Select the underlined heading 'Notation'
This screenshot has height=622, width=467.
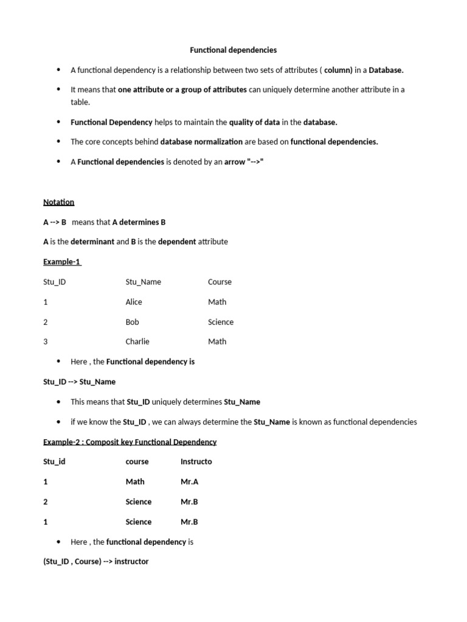(x=58, y=202)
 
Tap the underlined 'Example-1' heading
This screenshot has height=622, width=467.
(x=62, y=262)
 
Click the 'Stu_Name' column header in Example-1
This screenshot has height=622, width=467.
(x=143, y=282)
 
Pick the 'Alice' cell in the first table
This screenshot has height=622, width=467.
(x=134, y=302)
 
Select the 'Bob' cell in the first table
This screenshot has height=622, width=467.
(x=132, y=322)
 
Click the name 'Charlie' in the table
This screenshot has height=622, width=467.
(x=137, y=341)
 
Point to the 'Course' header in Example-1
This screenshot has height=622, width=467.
(x=220, y=282)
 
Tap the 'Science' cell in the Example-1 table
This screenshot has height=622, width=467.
(x=220, y=322)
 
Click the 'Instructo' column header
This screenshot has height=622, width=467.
(x=196, y=462)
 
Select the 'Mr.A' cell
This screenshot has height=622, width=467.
(x=189, y=482)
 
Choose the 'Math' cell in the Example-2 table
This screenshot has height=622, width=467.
(x=135, y=482)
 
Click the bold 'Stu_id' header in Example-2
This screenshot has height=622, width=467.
(x=54, y=462)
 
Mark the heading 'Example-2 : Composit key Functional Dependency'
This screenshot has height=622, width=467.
(x=130, y=442)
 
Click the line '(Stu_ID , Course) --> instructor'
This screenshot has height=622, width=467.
(x=95, y=562)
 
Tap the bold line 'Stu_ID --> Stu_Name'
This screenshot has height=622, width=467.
(x=79, y=382)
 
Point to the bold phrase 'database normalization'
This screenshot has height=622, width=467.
(x=201, y=142)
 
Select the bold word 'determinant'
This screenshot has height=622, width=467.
(x=92, y=242)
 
